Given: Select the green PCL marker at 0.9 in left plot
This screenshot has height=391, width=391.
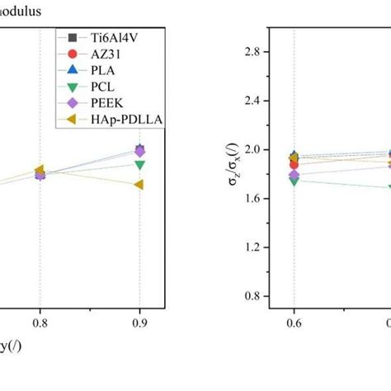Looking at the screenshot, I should (x=139, y=165).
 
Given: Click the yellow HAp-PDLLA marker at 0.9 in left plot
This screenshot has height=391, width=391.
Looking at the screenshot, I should (x=139, y=185).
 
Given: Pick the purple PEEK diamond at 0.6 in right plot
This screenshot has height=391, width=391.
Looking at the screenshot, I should (x=294, y=174).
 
